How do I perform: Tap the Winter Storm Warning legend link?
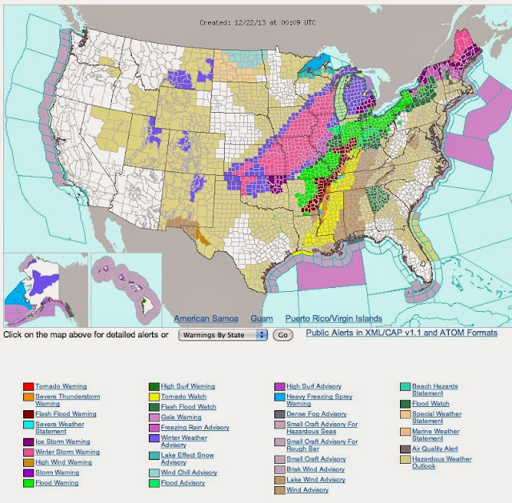pos(68,452)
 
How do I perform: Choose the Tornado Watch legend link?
pos(183,397)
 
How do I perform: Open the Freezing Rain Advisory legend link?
pos(194,427)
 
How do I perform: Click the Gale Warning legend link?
pos(181,417)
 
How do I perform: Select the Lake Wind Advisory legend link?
pos(315,479)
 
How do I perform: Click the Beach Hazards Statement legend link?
pos(441,390)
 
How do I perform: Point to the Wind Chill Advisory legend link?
pos(188,472)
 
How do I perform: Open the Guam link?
pos(262,318)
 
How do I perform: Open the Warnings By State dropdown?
pos(222,334)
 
